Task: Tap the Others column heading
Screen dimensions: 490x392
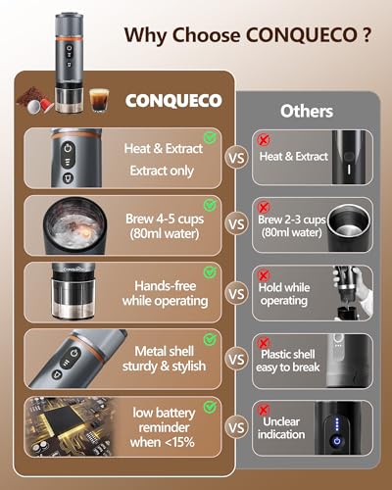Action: [306, 111]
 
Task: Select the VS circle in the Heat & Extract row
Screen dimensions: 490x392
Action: [234, 156]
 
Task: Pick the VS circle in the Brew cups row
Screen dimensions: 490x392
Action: [234, 223]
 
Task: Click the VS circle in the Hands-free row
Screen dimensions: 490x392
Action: [234, 291]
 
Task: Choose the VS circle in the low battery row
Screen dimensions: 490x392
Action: [234, 426]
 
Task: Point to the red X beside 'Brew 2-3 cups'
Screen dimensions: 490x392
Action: [262, 208]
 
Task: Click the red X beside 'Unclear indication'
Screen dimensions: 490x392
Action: [262, 410]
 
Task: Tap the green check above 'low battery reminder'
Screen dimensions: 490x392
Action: [209, 404]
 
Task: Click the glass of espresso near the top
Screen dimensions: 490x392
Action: [97, 99]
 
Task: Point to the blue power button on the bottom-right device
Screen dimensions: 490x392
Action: [336, 440]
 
